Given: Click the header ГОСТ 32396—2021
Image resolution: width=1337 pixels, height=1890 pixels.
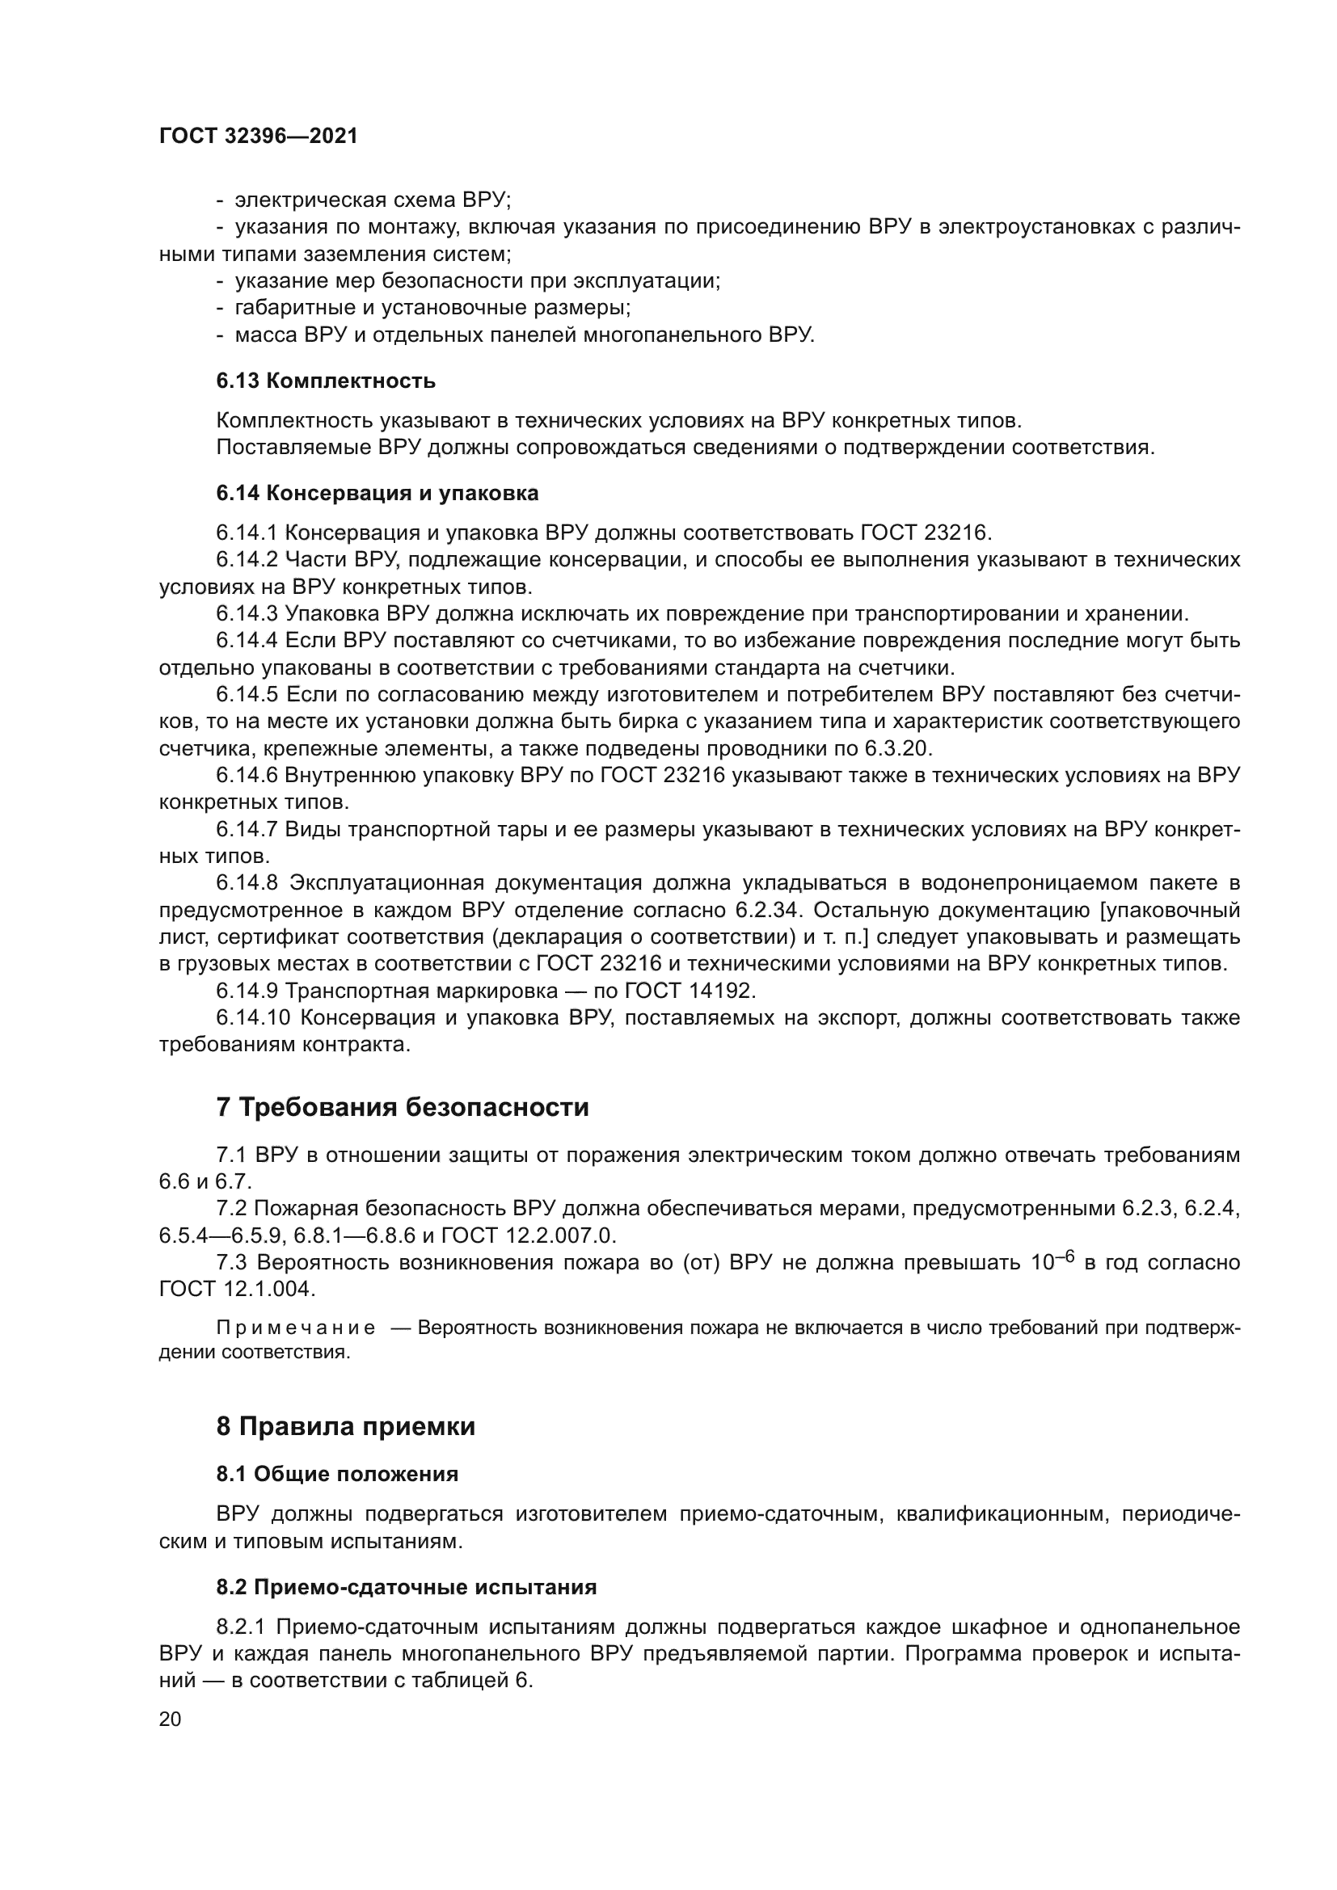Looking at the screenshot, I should pyautogui.click(x=259, y=137).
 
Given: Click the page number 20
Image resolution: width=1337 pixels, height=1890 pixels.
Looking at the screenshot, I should pyautogui.click(x=170, y=1719).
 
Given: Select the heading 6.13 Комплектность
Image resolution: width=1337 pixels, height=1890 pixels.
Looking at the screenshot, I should pyautogui.click(x=326, y=381).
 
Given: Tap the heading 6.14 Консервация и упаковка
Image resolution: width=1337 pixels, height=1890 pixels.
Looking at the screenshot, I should pyautogui.click(x=377, y=493).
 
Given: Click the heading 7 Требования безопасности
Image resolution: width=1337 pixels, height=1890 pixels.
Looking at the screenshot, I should pyautogui.click(x=403, y=1108).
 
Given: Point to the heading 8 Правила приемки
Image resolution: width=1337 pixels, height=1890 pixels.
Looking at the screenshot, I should pyautogui.click(x=346, y=1426).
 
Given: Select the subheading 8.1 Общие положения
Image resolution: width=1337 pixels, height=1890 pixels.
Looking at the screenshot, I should pyautogui.click(x=337, y=1474).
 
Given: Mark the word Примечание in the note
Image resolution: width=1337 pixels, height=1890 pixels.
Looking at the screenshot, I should pyautogui.click(x=296, y=1328).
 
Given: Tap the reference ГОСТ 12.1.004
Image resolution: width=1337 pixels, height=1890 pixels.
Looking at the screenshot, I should pyautogui.click(x=236, y=1289).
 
